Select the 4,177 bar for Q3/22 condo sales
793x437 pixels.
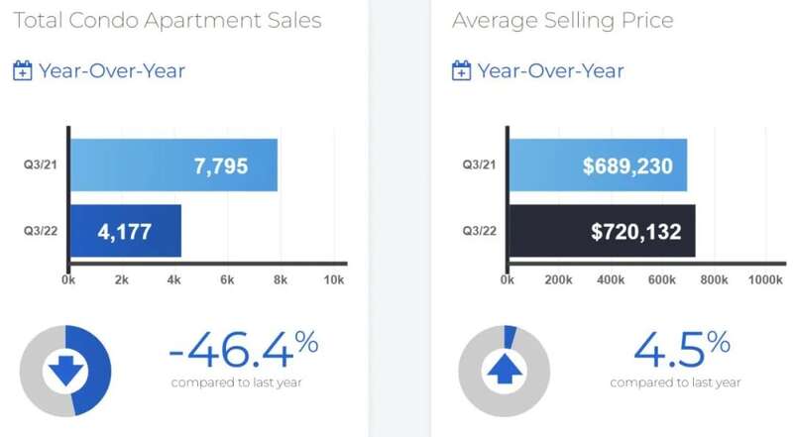(126, 231)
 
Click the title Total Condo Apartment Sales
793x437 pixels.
(168, 21)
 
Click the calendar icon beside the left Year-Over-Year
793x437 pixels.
(23, 70)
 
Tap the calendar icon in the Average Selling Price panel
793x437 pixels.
(461, 70)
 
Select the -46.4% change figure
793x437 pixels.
(243, 348)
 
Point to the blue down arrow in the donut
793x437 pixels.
(65, 371)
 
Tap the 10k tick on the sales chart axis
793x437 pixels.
(334, 280)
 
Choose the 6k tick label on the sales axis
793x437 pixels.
(227, 280)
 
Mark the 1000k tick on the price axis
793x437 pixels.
(765, 280)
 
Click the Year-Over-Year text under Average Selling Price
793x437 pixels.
(551, 70)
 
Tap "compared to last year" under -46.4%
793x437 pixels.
(236, 382)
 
